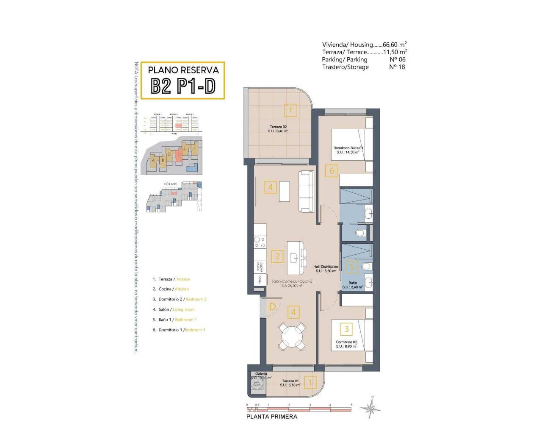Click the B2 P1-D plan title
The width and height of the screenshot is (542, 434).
(x=183, y=86)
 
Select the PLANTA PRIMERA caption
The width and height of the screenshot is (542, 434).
(x=272, y=417)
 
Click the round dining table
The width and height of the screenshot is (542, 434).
(x=293, y=335)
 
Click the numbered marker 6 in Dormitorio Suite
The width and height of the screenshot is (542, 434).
(x=332, y=171)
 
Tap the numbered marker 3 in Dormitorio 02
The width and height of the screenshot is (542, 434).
(x=346, y=329)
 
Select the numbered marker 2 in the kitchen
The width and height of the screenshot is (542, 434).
(x=277, y=256)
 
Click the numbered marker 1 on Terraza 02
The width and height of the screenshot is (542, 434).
(x=290, y=111)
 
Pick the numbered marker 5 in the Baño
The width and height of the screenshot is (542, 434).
(x=352, y=267)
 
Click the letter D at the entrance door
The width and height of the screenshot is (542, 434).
(x=272, y=306)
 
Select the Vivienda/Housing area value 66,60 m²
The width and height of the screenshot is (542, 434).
(x=395, y=45)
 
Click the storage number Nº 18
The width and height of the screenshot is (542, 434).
(x=397, y=67)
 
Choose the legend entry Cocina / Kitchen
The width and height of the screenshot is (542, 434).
(x=174, y=289)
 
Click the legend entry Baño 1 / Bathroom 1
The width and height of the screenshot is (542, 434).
(x=177, y=320)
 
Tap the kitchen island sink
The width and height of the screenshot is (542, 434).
(x=294, y=257)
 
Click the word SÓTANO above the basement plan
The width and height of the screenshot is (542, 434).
(x=170, y=184)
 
